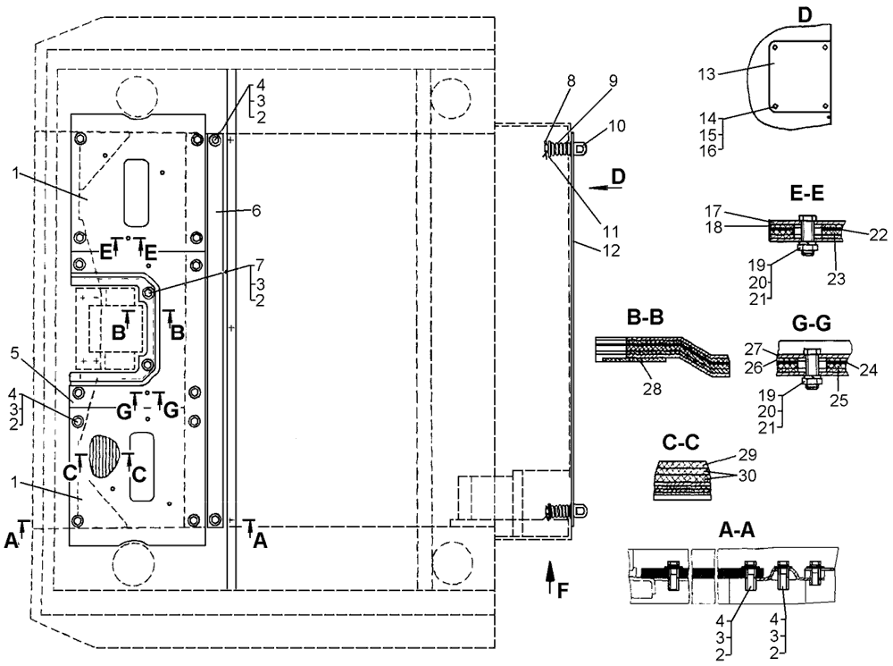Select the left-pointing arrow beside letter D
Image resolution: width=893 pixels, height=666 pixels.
pyautogui.click(x=605, y=187)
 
